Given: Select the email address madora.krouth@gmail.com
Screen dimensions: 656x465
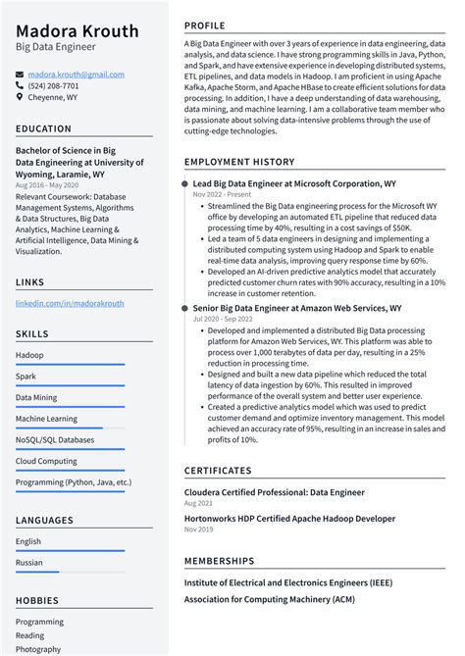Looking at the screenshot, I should pos(76,75).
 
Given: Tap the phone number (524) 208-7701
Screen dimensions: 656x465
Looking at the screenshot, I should pos(53,85).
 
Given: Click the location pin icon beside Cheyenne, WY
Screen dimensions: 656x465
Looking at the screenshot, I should pos(20,97).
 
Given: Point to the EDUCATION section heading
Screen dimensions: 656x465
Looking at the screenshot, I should pos(43,128).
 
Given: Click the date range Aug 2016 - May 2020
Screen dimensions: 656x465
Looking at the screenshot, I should pos(47,185).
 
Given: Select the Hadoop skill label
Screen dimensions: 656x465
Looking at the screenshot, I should pos(29,355).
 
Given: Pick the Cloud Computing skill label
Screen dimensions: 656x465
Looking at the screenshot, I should pos(46,461).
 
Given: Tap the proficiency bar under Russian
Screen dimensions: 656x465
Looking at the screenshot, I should pos(37,572).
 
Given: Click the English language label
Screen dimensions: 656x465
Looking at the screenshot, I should pos(28,541).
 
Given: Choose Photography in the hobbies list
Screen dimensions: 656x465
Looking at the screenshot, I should pos(38,649).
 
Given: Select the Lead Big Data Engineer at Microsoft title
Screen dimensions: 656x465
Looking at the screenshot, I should pos(294,183).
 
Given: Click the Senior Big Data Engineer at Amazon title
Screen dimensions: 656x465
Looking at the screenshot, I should pos(296,308).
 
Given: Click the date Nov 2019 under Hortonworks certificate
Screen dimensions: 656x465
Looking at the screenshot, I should pos(197,530).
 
